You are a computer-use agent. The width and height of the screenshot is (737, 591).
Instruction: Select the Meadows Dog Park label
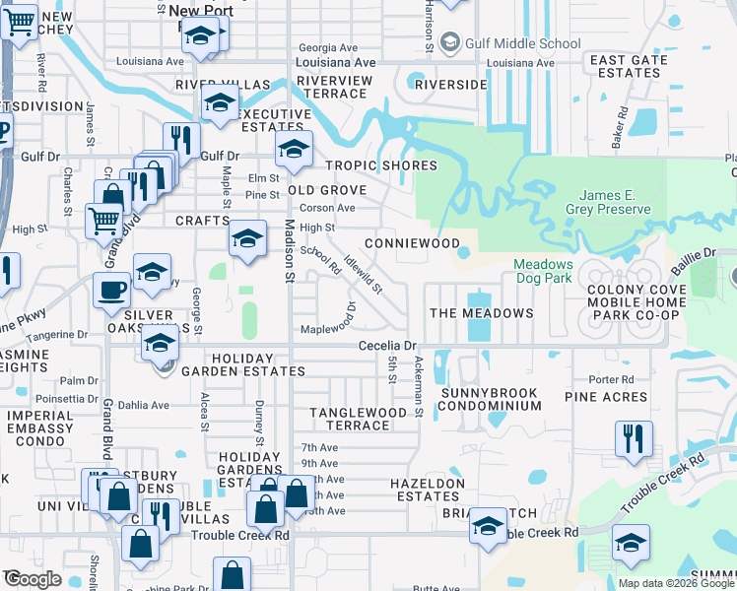click(543, 271)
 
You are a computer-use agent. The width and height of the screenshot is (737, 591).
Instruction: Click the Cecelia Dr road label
click(388, 346)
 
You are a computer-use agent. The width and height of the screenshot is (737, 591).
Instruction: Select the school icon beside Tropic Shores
click(293, 149)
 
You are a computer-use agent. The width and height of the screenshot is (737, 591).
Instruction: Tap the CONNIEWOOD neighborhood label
click(412, 242)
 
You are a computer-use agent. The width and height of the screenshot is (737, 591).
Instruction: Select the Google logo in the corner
click(32, 579)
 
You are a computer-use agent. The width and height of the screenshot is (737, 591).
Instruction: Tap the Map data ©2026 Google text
click(676, 583)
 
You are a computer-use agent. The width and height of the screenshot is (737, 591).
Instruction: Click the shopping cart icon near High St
click(102, 221)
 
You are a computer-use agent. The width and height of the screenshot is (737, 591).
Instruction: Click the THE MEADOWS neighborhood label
click(481, 313)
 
